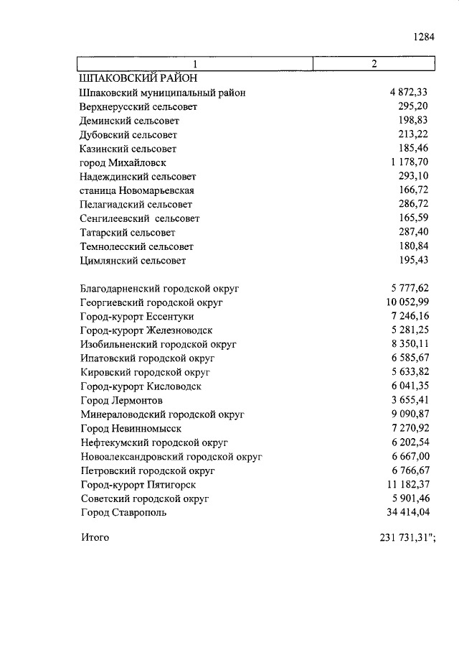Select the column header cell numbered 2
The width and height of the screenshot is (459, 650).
coord(374,64)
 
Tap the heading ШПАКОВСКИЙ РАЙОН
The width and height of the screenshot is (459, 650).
coord(138,78)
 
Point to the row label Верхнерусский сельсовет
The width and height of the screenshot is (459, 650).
coord(139,106)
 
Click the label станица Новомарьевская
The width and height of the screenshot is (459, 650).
coord(137,190)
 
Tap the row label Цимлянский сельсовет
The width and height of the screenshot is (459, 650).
coord(133,261)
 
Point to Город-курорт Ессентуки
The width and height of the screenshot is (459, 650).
coord(137,316)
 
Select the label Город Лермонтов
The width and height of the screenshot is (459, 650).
coord(122,400)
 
